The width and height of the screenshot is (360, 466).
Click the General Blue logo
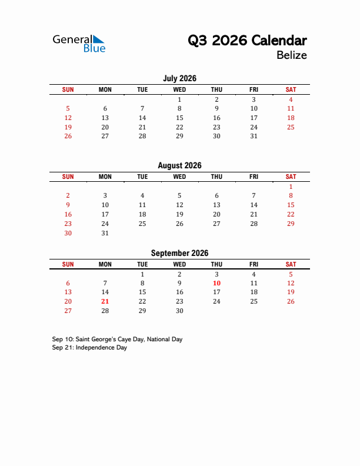click(79, 43)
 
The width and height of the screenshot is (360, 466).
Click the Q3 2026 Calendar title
click(247, 41)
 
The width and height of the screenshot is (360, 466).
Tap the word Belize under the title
click(291, 55)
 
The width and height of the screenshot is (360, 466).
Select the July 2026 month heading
click(179, 78)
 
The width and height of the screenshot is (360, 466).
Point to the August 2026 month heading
click(179, 166)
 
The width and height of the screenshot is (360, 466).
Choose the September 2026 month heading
click(179, 254)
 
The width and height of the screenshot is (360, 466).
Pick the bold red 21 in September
click(105, 302)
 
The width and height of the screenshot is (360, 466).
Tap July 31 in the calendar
click(254, 136)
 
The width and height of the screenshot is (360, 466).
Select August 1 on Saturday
click(291, 187)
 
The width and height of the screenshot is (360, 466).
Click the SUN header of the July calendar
click(68, 89)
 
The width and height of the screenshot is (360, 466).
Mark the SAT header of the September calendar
click(291, 265)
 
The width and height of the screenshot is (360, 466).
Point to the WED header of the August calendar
click(179, 177)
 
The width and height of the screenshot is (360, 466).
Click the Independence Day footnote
click(89, 348)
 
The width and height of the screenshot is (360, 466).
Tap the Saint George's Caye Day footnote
click(117, 339)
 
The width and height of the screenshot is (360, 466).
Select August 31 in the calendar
click(105, 233)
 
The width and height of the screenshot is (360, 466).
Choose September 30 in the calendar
click(179, 311)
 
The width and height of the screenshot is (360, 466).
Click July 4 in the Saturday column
click(291, 99)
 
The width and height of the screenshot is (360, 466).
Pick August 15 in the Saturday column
click(291, 205)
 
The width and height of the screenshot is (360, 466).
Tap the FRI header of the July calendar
click(254, 89)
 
